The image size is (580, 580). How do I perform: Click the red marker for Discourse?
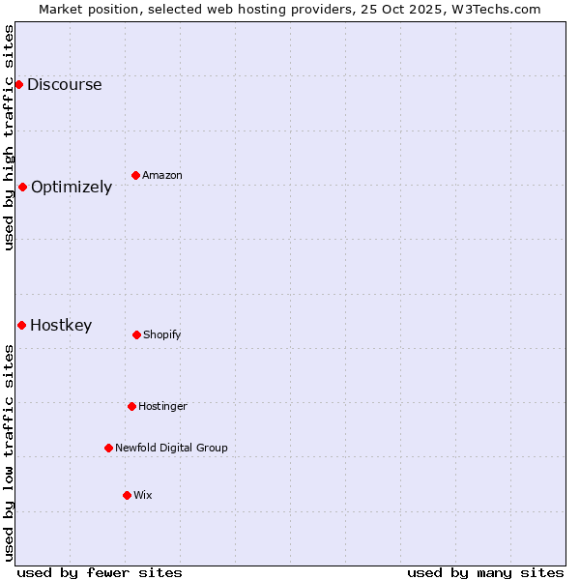[x=18, y=84]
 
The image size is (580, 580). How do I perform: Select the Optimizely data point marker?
[x=22, y=187]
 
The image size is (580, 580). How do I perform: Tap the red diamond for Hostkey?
[x=21, y=325]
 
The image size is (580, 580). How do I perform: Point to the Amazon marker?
[x=135, y=175]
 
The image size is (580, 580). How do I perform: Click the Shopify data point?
[x=136, y=334]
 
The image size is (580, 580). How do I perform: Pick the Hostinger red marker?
[x=131, y=406]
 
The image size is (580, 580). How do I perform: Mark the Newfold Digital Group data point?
[x=108, y=448]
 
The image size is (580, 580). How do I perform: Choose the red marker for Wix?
[x=127, y=495]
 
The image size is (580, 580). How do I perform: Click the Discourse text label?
[x=64, y=84]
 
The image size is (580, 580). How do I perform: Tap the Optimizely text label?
[x=72, y=187]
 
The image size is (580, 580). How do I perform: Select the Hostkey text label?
[x=61, y=325]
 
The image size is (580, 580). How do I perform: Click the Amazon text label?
[x=162, y=175]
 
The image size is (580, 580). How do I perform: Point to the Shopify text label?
[x=162, y=334]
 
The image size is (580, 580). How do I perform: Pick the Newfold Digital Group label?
[x=171, y=448]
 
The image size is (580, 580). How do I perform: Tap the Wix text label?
[x=143, y=495]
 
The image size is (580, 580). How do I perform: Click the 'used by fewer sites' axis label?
[x=100, y=572]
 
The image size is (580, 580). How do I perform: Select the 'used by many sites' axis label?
[x=485, y=572]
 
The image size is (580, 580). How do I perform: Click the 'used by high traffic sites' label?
[x=9, y=137]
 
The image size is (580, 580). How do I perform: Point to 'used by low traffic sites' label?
[x=9, y=452]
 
